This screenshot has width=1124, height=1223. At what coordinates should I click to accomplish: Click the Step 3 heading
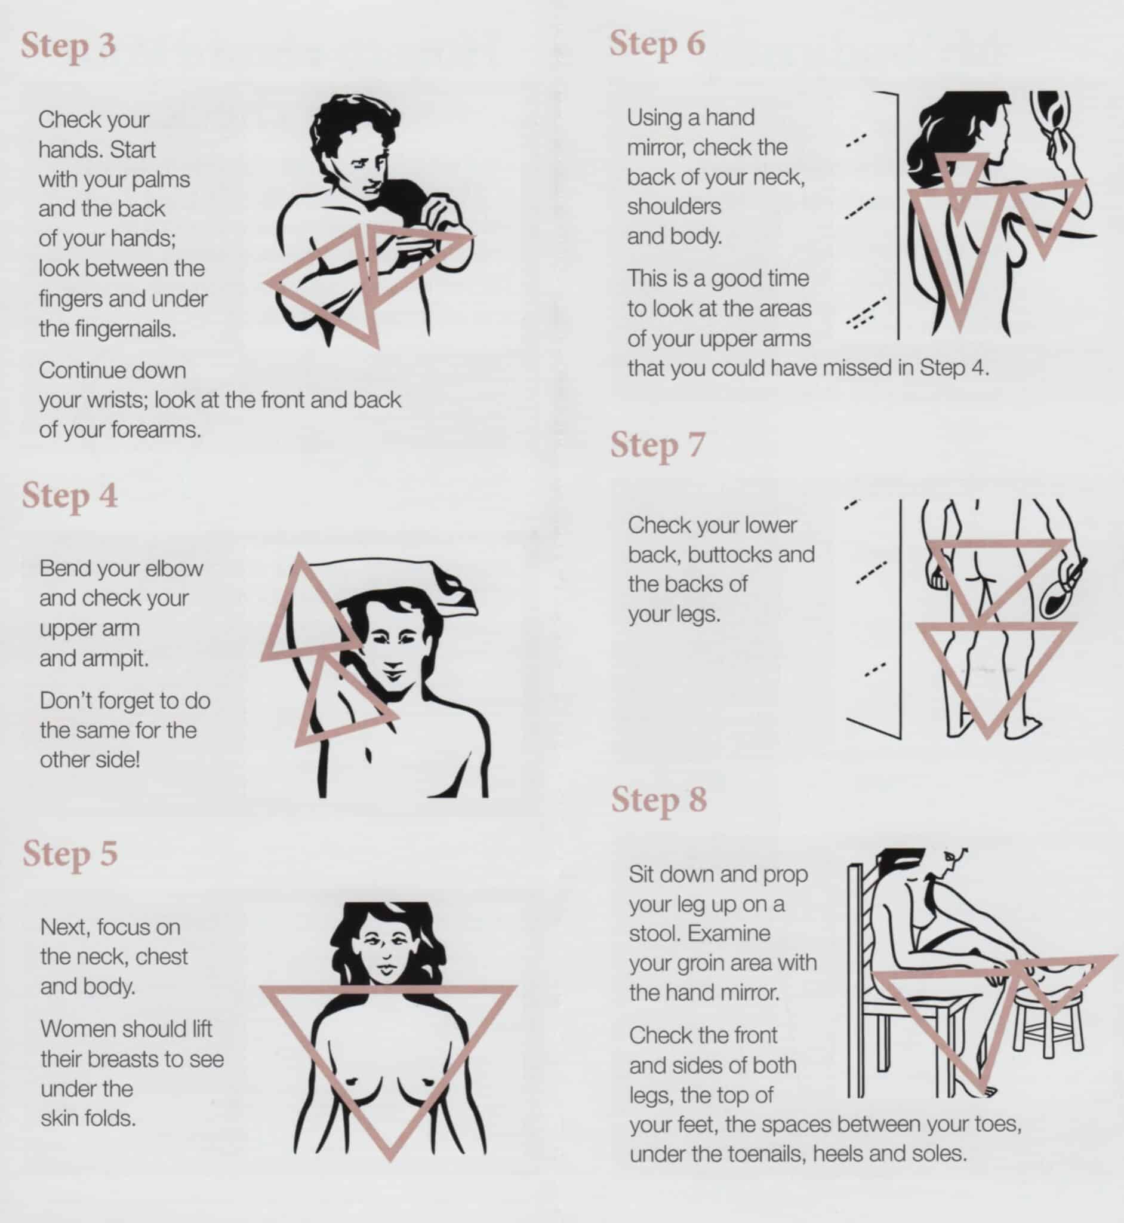68,46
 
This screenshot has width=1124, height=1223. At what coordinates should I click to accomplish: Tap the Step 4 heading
69,496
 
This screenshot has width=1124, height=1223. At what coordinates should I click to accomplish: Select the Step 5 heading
70,854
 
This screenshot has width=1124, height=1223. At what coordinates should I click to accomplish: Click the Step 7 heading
657,445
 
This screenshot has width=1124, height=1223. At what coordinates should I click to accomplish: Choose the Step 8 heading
659,800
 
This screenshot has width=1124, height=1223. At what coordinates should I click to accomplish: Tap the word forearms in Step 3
156,430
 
